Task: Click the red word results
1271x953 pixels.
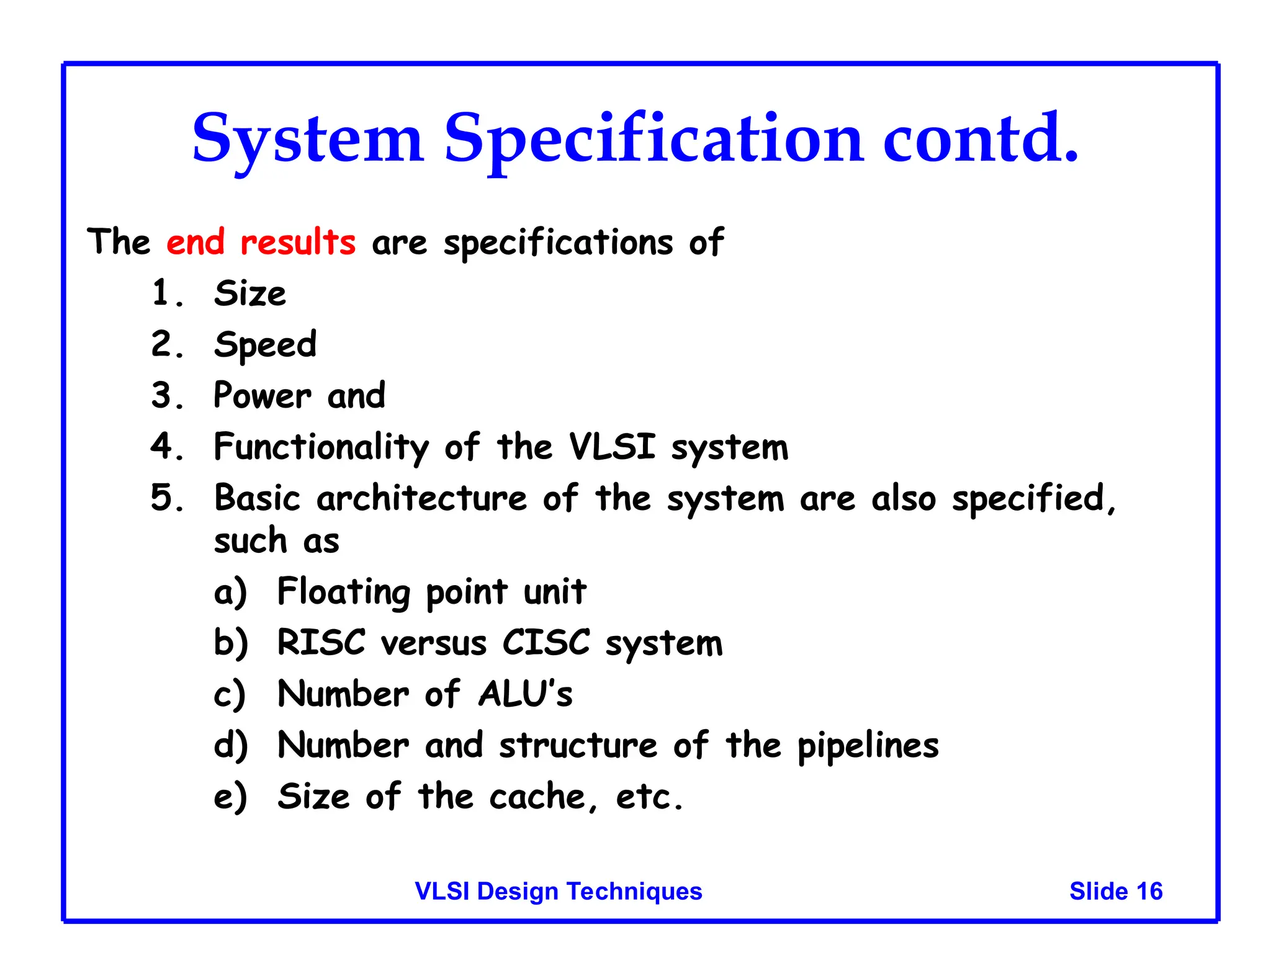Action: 298,242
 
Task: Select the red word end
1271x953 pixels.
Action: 195,242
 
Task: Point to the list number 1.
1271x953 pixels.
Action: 163,293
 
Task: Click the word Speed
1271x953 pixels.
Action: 266,345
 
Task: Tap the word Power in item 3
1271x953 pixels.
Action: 262,396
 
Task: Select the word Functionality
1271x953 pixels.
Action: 321,447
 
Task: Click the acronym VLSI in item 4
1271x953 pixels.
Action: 612,446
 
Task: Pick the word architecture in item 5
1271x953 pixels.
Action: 421,498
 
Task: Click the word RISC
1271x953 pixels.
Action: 321,643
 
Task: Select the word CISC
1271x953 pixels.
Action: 546,643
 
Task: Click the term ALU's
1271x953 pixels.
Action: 525,694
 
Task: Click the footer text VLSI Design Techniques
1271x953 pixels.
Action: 558,891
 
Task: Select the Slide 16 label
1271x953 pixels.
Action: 1115,891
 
